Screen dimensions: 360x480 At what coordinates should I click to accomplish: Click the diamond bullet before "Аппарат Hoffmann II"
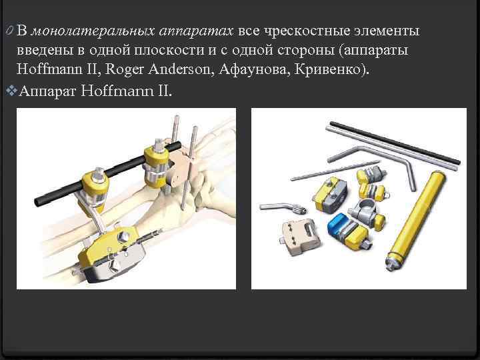(x=8, y=90)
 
